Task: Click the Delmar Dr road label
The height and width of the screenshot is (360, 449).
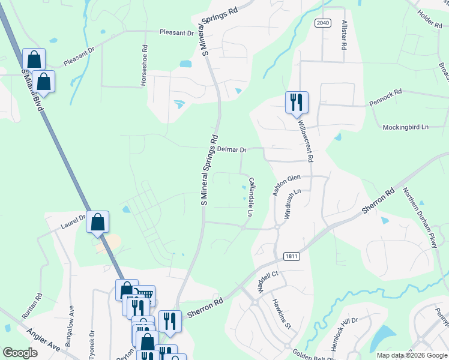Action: [232, 149]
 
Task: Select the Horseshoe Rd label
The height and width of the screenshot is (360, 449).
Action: [144, 66]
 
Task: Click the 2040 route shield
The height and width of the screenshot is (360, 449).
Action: [322, 22]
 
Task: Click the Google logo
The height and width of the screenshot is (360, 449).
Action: [20, 353]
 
